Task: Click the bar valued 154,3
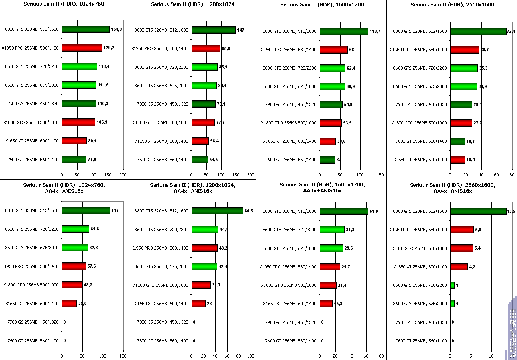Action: pos(86,29)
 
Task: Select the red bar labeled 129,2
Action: pos(82,48)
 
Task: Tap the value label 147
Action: pos(241,30)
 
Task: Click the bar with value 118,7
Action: pos(344,31)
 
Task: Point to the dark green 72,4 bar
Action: pos(478,31)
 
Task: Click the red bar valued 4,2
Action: pos(459,266)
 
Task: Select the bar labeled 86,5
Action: pos(217,211)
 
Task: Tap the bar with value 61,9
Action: pos(344,211)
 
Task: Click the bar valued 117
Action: pos(86,210)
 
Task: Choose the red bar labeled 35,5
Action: pos(69,303)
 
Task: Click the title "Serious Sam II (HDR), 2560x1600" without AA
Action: pos(452,5)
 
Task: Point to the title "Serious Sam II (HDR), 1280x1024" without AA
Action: pos(193,4)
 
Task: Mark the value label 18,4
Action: pos(471,160)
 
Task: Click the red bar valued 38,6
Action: pos(328,141)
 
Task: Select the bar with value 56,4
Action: pos(200,141)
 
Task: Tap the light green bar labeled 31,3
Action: pos(332,230)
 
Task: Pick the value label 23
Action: pos(209,304)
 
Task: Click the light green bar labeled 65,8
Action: pos(76,229)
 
